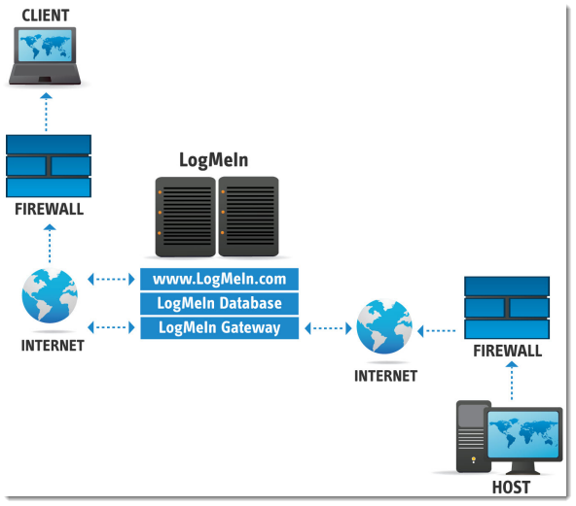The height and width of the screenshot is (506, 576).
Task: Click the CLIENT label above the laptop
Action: pyautogui.click(x=46, y=16)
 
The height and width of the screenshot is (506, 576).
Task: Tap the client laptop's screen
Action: pyautogui.click(x=45, y=46)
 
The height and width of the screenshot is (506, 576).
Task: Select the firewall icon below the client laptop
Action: pyautogui.click(x=49, y=166)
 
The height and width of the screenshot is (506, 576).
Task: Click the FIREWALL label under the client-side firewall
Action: pyautogui.click(x=50, y=209)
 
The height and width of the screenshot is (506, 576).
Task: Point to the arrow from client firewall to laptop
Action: pyautogui.click(x=46, y=112)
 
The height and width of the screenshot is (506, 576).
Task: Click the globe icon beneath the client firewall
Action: pyautogui.click(x=50, y=295)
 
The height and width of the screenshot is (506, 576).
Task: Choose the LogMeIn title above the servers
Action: pyautogui.click(x=213, y=160)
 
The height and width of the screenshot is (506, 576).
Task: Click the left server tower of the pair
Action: pyautogui.click(x=186, y=217)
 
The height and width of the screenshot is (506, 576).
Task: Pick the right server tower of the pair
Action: pyautogui.click(x=248, y=217)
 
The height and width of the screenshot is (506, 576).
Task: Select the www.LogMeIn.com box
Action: pyautogui.click(x=219, y=279)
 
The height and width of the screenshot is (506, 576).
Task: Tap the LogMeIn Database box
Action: pyautogui.click(x=219, y=303)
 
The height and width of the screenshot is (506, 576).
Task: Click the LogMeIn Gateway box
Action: pyautogui.click(x=219, y=328)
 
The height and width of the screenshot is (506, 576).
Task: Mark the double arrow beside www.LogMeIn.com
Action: pyautogui.click(x=111, y=280)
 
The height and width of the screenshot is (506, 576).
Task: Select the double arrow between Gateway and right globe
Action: pyautogui.click(x=329, y=328)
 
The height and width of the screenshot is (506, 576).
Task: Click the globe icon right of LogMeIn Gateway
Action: pyautogui.click(x=384, y=326)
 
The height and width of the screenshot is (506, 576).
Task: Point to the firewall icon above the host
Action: pyautogui.click(x=507, y=308)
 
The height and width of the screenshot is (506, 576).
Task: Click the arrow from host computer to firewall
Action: pyautogui.click(x=512, y=381)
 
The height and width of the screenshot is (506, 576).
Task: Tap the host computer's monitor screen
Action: pyautogui.click(x=523, y=434)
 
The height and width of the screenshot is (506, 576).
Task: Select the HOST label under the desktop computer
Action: pyautogui.click(x=511, y=488)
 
